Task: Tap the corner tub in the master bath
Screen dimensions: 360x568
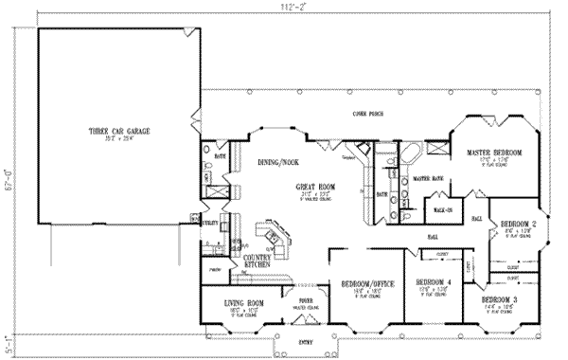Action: coord(414,154)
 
